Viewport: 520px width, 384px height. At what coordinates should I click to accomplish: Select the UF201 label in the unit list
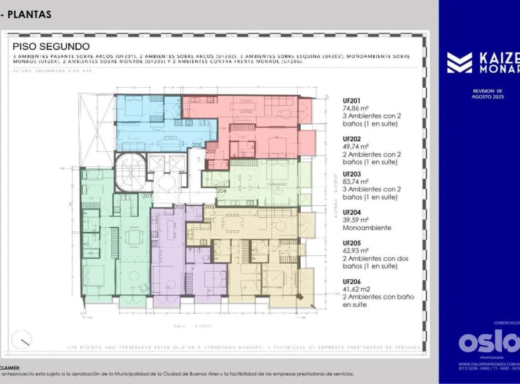tap(351, 100)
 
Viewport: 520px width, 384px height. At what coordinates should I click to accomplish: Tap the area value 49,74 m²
tap(355, 146)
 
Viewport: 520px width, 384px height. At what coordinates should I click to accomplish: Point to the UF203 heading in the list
tap(351, 174)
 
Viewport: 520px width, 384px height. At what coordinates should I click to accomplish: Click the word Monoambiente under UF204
tap(367, 228)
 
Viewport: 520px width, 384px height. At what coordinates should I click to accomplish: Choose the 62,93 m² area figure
tap(355, 250)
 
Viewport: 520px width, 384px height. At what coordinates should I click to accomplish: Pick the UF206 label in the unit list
tap(351, 281)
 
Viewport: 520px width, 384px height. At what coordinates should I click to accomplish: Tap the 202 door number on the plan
tap(179, 206)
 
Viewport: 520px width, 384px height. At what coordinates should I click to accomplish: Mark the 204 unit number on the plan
tap(221, 191)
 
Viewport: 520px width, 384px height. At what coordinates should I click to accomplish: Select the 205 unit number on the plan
tap(211, 151)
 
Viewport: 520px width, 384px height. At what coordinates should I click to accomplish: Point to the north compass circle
tap(21, 339)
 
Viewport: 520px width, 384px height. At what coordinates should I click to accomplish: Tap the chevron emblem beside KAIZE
tap(459, 62)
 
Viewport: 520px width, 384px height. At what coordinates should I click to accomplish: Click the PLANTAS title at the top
tap(30, 14)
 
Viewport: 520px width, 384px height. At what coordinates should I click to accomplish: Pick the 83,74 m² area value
tap(355, 181)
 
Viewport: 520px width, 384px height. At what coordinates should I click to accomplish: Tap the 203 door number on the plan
tap(210, 206)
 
